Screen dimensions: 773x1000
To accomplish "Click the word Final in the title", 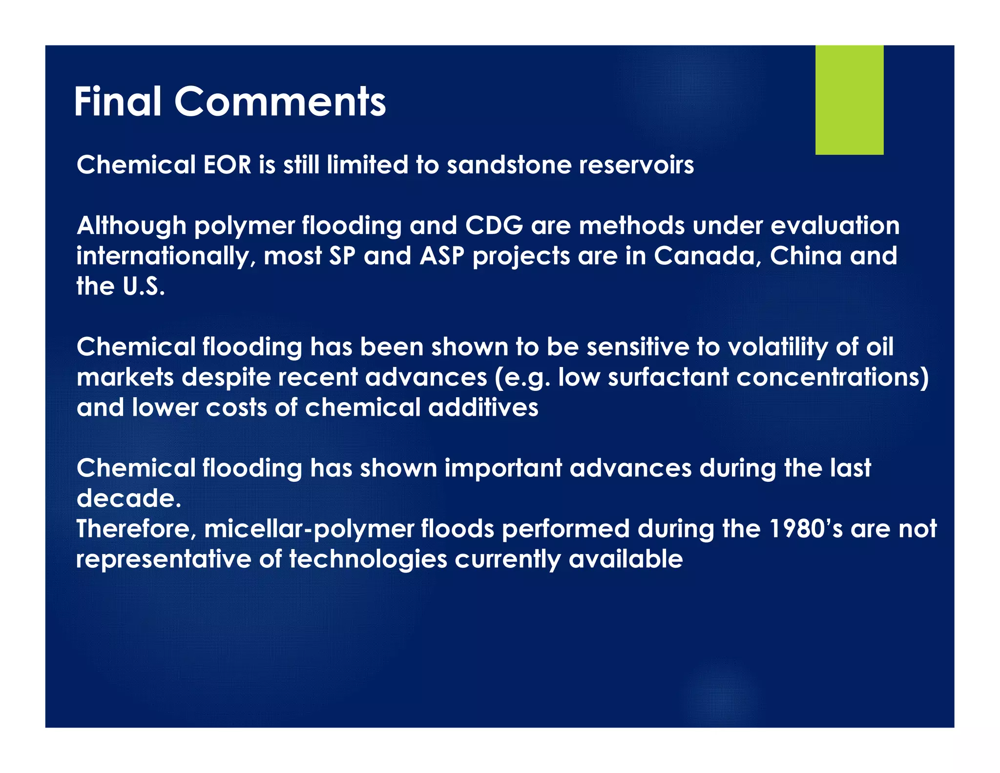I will click(x=118, y=102).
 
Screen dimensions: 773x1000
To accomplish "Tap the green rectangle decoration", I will click(x=849, y=100).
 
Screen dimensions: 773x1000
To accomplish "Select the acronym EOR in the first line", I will click(x=227, y=165).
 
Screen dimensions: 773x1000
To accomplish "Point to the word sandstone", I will click(x=509, y=165).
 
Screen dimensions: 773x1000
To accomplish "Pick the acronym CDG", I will click(x=494, y=226).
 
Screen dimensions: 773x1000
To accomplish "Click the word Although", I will click(x=131, y=226).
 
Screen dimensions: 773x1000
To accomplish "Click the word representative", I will click(x=164, y=559).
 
